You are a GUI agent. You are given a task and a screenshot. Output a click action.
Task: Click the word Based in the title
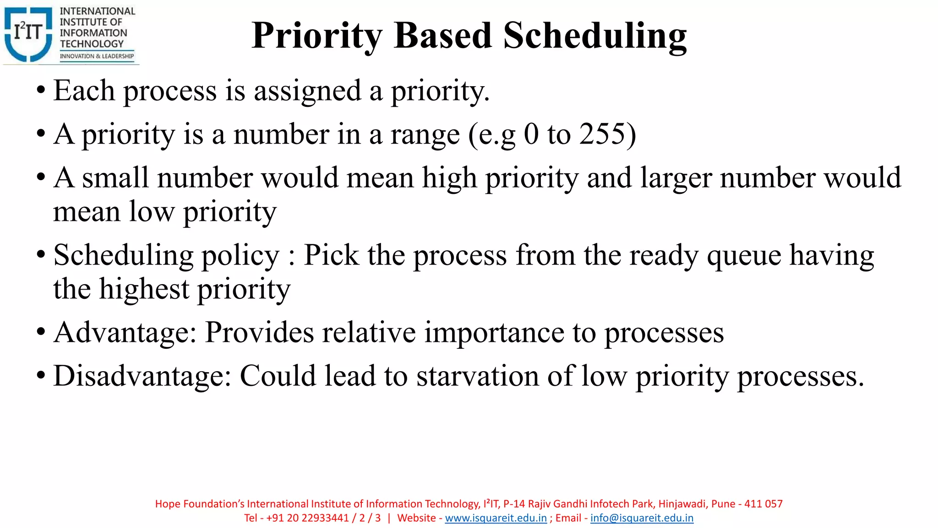pyautogui.click(x=442, y=36)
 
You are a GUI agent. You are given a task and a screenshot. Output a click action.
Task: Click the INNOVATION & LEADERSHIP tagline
pyautogui.click(x=97, y=56)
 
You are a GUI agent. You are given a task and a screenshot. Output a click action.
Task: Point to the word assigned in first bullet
pyautogui.click(x=308, y=91)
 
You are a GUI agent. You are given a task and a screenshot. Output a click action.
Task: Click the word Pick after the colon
pyautogui.click(x=331, y=255)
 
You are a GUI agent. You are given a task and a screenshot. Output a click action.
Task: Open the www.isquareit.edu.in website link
pyautogui.click(x=496, y=518)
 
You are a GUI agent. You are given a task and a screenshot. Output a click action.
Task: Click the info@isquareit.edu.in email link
pyautogui.click(x=642, y=518)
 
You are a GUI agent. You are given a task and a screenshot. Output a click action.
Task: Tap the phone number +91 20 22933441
pyautogui.click(x=307, y=518)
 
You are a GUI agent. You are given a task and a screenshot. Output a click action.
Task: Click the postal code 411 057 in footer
pyautogui.click(x=763, y=504)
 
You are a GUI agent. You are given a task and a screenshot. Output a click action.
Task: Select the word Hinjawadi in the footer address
pyautogui.click(x=682, y=504)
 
